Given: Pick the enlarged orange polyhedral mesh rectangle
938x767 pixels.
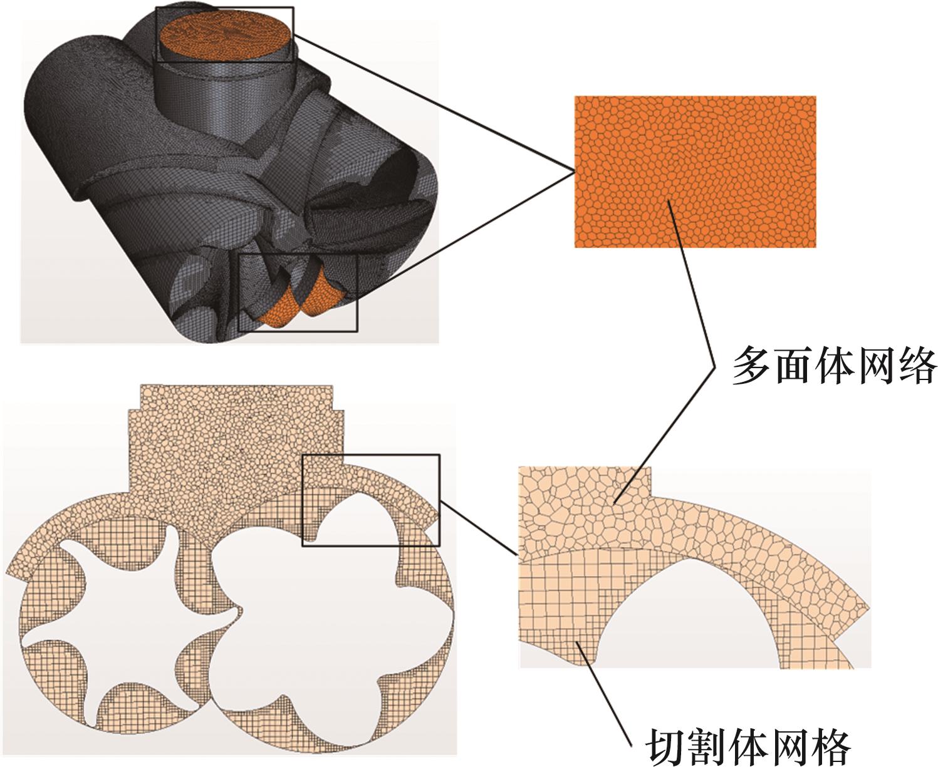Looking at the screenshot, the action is (x=695, y=172).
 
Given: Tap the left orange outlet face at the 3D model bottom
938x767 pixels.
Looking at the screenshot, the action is (x=279, y=307).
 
